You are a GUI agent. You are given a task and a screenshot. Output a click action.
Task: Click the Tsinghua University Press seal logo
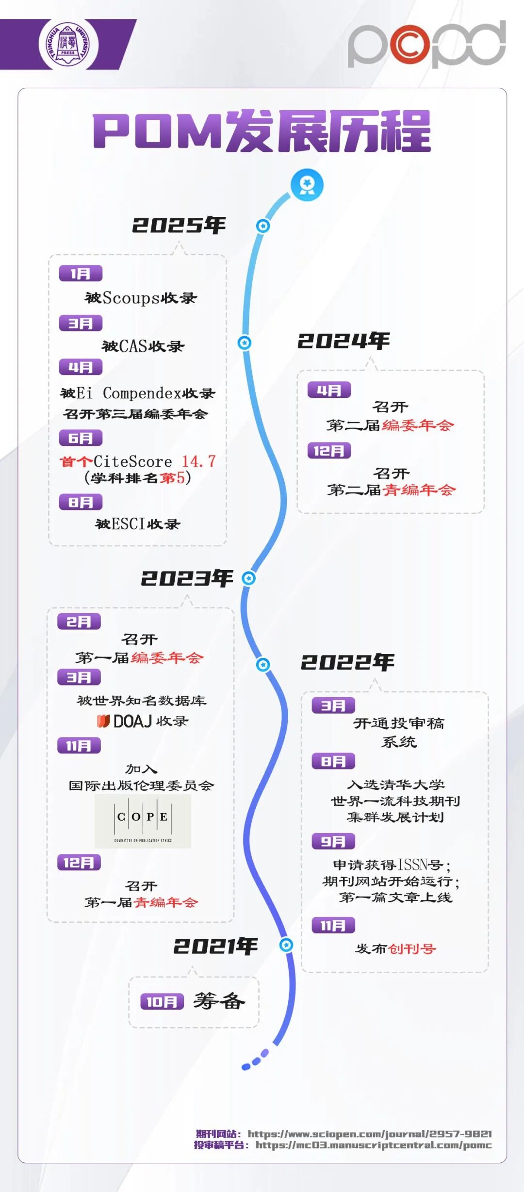coord(68,45)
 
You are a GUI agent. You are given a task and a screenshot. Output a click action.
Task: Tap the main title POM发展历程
coord(262,131)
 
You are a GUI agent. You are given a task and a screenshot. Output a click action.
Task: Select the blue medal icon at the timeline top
coord(307,185)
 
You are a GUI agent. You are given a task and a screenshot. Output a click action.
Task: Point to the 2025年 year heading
coord(179,225)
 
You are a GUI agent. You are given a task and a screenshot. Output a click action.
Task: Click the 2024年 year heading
coord(344,341)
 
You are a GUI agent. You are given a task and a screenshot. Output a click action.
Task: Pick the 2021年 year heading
coord(215,946)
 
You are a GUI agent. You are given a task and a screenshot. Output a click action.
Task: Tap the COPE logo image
coord(143,821)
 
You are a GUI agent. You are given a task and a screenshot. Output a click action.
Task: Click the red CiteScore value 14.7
coord(198,461)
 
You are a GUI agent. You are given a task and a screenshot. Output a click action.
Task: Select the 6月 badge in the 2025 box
coord(81,438)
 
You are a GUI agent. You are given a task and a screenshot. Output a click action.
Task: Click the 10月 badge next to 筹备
coord(162,1001)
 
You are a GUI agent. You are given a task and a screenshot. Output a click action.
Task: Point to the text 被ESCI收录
coord(138,524)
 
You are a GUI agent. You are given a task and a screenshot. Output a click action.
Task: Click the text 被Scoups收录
coord(141,298)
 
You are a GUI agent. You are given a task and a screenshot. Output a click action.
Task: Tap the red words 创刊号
coord(412,948)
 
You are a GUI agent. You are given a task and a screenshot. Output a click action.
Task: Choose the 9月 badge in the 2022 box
coord(333,841)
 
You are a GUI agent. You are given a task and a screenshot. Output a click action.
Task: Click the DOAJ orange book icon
coord(103,721)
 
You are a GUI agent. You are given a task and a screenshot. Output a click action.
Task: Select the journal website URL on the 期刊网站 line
coord(370,1134)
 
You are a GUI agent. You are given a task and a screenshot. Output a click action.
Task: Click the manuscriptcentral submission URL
coord(374,1145)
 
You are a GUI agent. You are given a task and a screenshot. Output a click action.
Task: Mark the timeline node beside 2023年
coord(248,578)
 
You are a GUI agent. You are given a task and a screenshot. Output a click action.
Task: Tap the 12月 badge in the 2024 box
coord(329,451)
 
